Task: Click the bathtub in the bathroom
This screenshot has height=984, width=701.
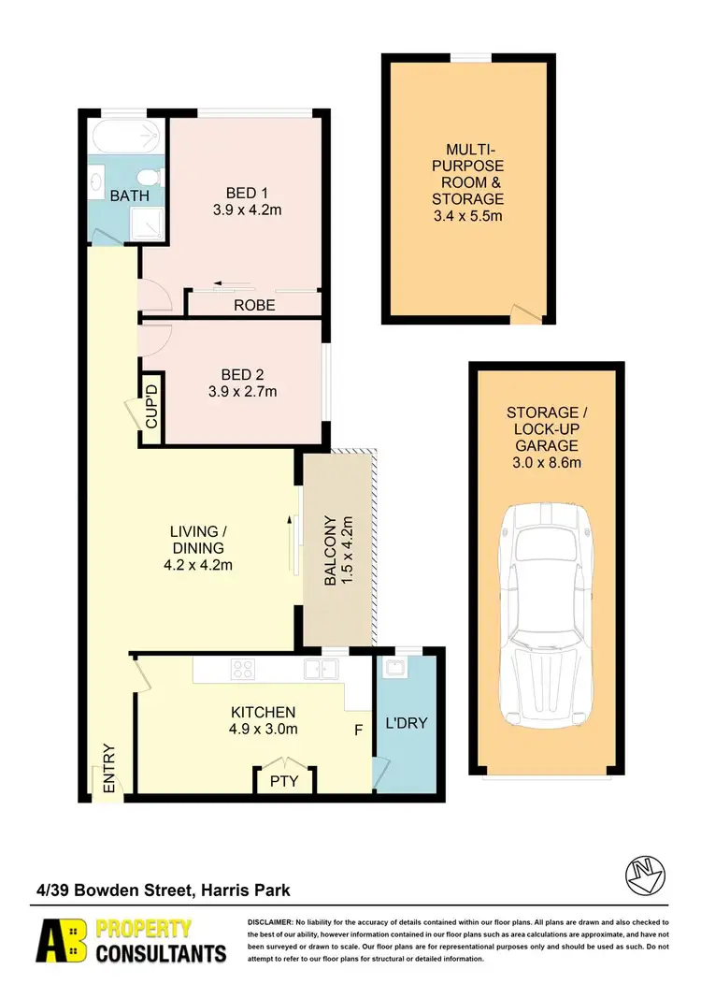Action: [126, 140]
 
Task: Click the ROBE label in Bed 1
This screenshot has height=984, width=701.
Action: [254, 305]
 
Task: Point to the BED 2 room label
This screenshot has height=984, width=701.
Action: [242, 374]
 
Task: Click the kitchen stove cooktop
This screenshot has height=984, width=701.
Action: [245, 668]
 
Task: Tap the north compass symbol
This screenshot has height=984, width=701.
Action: [645, 874]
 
